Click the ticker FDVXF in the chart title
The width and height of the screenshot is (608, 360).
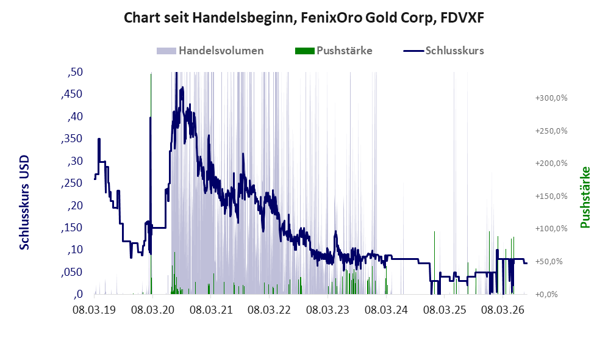tap(462, 18)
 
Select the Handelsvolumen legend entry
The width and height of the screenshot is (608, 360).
tap(210, 51)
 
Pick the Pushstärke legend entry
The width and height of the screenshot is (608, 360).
tap(334, 51)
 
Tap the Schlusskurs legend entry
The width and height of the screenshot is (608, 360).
tap(443, 51)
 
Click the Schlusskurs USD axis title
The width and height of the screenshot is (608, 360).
tap(24, 203)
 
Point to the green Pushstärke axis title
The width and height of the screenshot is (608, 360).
tap(585, 197)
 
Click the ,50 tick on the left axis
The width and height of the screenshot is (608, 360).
tap(75, 72)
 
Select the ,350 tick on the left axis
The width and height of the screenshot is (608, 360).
tap(72, 139)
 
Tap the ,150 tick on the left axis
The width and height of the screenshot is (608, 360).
tap(72, 228)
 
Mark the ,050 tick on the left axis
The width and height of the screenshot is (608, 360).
tap(72, 272)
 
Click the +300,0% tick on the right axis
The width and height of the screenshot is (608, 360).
tap(551, 98)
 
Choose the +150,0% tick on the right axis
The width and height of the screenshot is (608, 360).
tap(551, 196)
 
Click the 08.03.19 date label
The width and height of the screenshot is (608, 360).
tap(95, 310)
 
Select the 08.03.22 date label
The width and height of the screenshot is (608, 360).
tap(269, 310)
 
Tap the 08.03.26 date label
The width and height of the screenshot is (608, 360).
tap(503, 310)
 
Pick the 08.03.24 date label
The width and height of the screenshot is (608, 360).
tap(386, 310)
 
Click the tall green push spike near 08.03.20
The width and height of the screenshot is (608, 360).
tap(151, 183)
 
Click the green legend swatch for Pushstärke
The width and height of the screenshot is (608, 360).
tap(305, 51)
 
